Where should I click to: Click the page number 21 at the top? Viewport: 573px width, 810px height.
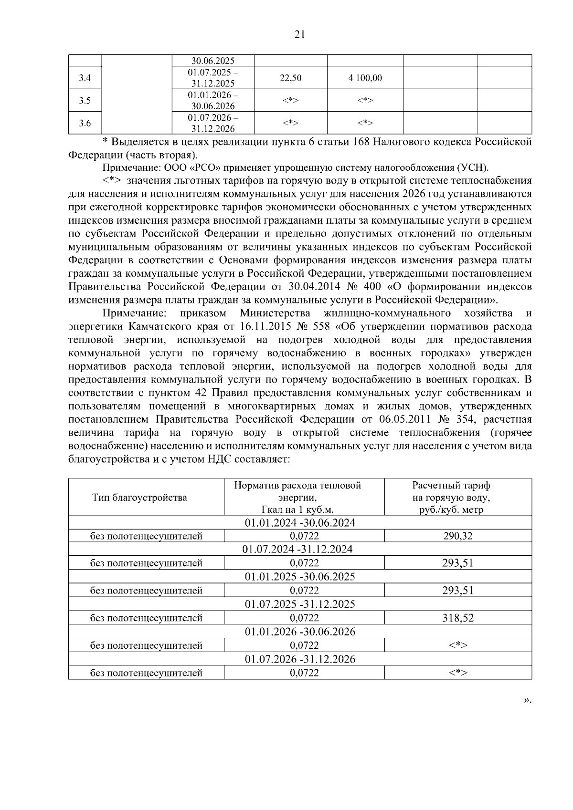(299, 34)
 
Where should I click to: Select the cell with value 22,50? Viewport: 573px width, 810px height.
(290, 78)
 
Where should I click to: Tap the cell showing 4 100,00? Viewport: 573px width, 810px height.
(365, 78)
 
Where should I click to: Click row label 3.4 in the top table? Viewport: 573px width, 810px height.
(85, 78)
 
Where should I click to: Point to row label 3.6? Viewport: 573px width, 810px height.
(85, 124)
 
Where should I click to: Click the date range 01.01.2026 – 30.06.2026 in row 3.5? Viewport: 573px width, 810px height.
(213, 101)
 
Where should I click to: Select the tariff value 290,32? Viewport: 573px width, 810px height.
(457, 536)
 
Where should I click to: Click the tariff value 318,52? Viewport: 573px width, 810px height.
(457, 618)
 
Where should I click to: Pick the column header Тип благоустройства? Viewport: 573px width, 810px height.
(139, 498)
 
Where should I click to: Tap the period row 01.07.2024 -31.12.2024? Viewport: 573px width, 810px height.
(299, 549)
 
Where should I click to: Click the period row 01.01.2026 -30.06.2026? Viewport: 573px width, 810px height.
(299, 632)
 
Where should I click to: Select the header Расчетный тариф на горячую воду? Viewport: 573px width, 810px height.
(451, 498)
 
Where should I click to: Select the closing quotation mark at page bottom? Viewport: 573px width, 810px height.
(527, 700)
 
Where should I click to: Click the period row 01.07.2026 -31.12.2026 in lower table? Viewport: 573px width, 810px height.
(299, 659)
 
